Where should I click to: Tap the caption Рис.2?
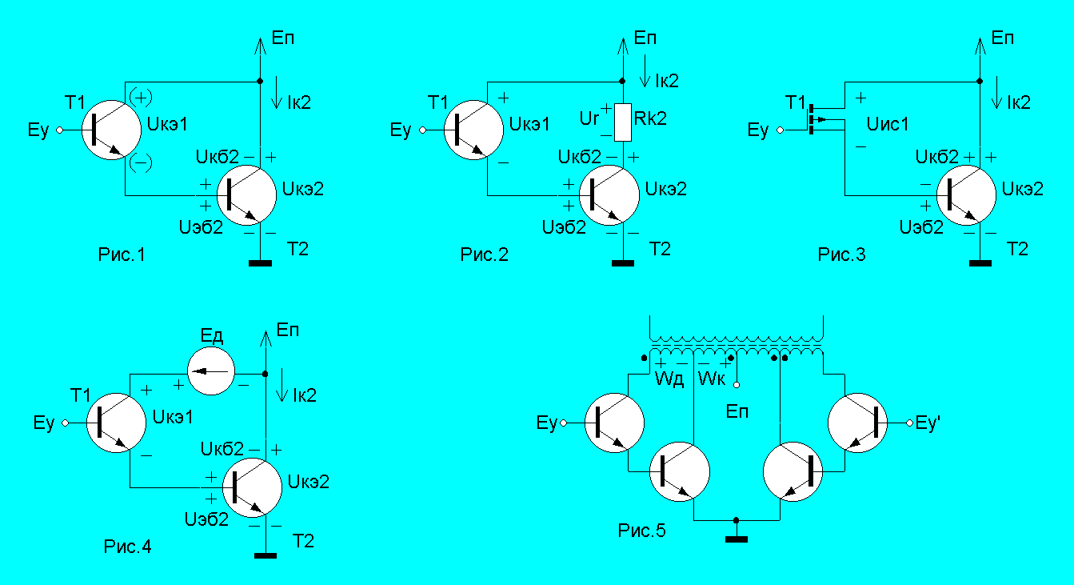pyautogui.click(x=484, y=255)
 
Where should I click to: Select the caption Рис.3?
pyautogui.click(x=841, y=255)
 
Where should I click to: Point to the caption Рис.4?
pyautogui.click(x=127, y=547)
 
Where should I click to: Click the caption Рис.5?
pyautogui.click(x=642, y=530)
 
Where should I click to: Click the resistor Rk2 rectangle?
pyautogui.click(x=623, y=122)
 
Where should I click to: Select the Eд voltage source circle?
pyautogui.click(x=210, y=372)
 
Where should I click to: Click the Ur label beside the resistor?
pyautogui.click(x=588, y=119)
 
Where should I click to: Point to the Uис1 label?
pyautogui.click(x=888, y=124)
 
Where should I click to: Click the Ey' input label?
pyautogui.click(x=926, y=423)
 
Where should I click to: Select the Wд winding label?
pyautogui.click(x=669, y=378)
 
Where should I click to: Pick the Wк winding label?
pyautogui.click(x=711, y=378)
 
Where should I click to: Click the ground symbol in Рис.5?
pyautogui.click(x=736, y=539)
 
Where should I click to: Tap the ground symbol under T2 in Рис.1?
pyautogui.click(x=259, y=262)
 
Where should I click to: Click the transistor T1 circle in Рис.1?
pyautogui.click(x=111, y=130)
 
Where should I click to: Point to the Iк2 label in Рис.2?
pyautogui.click(x=666, y=80)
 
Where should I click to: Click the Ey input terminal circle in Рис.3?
pyautogui.click(x=781, y=130)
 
